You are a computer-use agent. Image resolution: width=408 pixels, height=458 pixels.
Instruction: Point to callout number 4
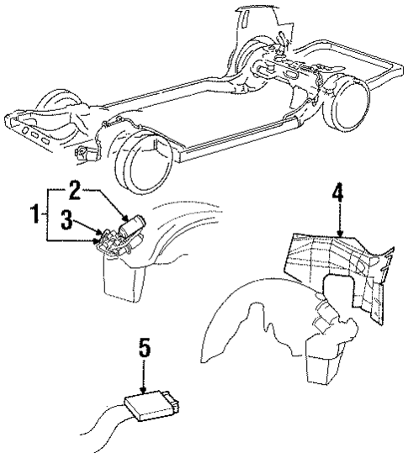pos(337,192)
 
